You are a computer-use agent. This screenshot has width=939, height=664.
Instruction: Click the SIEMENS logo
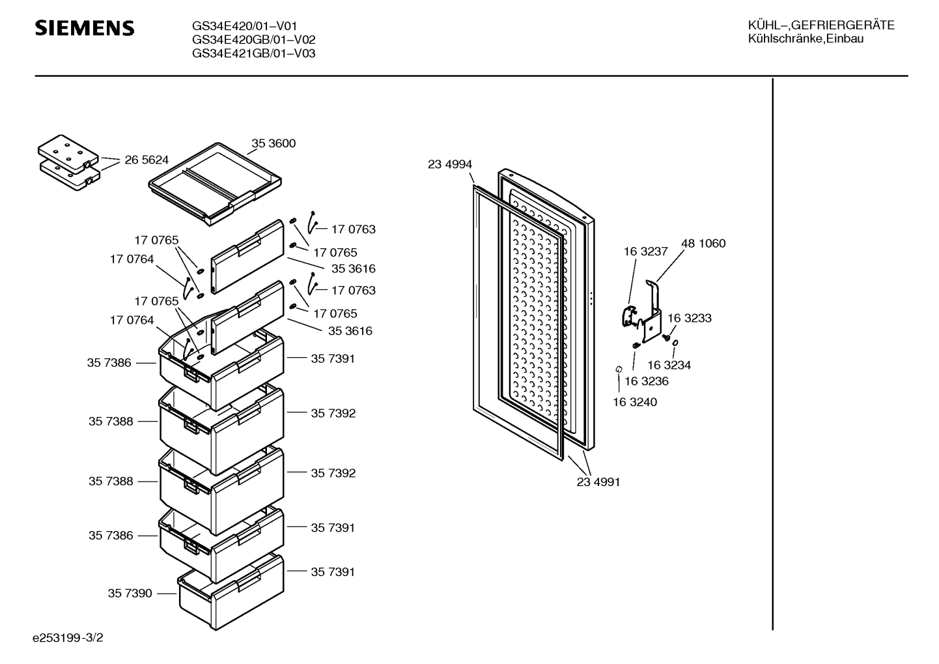click(x=85, y=28)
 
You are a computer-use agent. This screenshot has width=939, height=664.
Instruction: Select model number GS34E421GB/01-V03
click(x=253, y=54)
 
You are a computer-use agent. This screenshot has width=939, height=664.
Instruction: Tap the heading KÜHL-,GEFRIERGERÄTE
click(x=820, y=25)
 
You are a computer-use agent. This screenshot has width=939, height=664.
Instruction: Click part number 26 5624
click(x=147, y=160)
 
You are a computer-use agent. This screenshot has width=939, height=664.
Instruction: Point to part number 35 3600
click(x=273, y=143)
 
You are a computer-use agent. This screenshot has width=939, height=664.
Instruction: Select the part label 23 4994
click(x=450, y=165)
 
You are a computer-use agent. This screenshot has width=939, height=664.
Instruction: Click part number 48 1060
click(x=703, y=244)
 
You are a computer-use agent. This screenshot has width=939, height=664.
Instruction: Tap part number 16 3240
click(x=635, y=402)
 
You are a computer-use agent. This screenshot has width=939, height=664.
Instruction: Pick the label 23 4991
click(x=598, y=482)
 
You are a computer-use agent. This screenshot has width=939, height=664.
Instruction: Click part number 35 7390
click(x=130, y=594)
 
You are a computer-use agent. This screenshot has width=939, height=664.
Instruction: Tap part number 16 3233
click(x=690, y=319)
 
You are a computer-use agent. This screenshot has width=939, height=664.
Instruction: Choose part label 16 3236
click(x=647, y=381)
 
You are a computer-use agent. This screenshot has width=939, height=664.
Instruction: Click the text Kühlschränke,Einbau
click(x=806, y=39)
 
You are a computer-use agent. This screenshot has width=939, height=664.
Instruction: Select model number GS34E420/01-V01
click(x=244, y=27)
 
